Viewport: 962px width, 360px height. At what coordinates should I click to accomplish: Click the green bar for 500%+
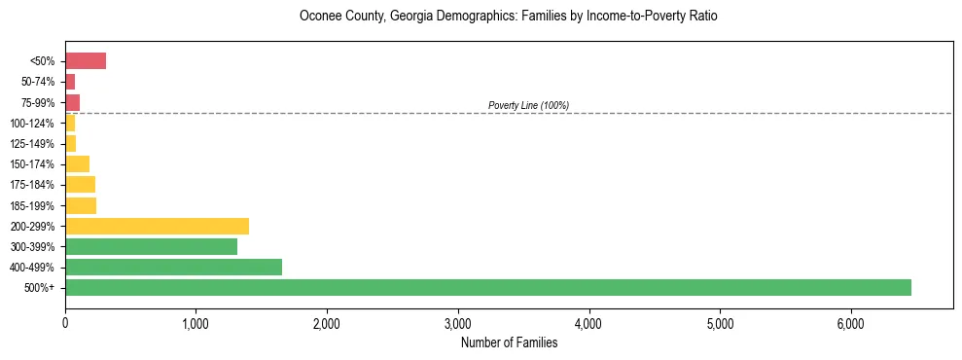(487, 287)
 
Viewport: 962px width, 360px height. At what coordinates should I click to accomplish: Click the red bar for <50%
(86, 61)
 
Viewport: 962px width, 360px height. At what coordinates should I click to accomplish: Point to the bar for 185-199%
(81, 205)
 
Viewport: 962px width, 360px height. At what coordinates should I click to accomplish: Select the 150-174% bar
(77, 163)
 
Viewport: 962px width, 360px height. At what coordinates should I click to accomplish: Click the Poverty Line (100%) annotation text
(528, 105)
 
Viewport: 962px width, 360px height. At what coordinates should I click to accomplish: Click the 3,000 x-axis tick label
(457, 324)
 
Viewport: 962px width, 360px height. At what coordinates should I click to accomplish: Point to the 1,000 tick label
(196, 324)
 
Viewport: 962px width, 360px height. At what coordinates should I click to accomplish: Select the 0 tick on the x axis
(65, 324)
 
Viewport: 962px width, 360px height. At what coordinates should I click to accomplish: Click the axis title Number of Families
(509, 342)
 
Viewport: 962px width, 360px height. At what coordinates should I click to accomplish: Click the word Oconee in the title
(320, 17)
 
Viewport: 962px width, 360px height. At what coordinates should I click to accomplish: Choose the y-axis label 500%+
(42, 288)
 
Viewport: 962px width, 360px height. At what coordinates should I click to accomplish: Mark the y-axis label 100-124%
(34, 124)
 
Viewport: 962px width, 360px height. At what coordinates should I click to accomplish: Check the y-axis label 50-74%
(38, 82)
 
